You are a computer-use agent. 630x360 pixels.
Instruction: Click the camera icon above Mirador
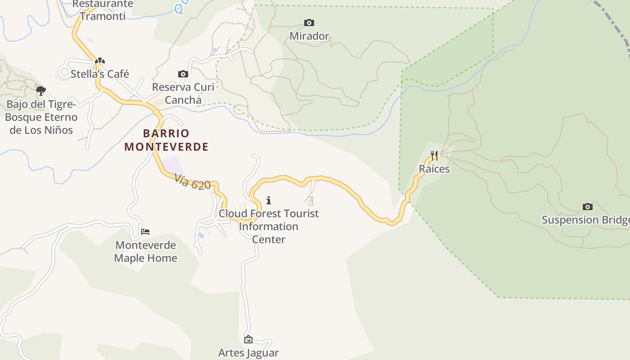(x=309, y=22)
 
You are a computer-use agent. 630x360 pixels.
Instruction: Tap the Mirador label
(x=309, y=36)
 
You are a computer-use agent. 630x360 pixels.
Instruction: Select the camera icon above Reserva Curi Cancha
(x=183, y=74)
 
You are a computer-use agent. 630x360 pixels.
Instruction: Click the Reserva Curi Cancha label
(x=183, y=93)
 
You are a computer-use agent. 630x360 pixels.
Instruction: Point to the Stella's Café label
(x=100, y=74)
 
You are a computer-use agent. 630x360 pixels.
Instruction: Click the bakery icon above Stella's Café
(x=100, y=61)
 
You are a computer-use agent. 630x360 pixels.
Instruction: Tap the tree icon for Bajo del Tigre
(x=41, y=91)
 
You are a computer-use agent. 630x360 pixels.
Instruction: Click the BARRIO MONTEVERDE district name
(x=166, y=140)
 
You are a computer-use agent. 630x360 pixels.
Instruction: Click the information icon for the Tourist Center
(x=269, y=200)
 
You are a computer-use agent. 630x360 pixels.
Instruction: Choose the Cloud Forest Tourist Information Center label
(x=269, y=226)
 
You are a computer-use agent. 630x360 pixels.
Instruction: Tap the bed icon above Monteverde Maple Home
(x=145, y=232)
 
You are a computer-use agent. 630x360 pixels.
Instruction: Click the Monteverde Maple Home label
(x=145, y=252)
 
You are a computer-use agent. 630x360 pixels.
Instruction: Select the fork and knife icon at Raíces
(x=434, y=156)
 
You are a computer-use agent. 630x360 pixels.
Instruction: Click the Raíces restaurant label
(x=434, y=169)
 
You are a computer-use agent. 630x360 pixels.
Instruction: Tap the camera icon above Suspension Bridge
(x=587, y=207)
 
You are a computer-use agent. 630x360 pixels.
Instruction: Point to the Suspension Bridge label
(x=585, y=220)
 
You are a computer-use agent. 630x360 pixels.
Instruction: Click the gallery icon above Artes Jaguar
(x=248, y=339)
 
